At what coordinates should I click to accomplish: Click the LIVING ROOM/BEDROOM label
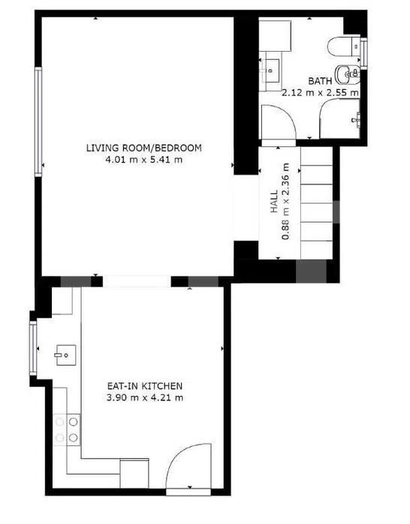[x=144, y=148]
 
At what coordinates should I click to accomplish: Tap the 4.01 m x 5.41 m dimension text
[x=144, y=160]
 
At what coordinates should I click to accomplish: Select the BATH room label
[x=320, y=81]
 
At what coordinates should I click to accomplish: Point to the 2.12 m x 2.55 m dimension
[x=320, y=92]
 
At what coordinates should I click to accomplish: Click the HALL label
[x=274, y=202]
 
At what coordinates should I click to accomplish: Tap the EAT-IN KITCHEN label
[x=145, y=386]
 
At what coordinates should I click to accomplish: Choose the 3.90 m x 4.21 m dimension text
[x=145, y=397]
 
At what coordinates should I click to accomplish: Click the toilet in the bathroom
[x=344, y=46]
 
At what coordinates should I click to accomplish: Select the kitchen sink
[x=65, y=355]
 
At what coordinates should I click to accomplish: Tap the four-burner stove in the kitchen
[x=67, y=430]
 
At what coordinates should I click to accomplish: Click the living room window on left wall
[x=38, y=121]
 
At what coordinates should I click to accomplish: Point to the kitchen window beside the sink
[x=33, y=348]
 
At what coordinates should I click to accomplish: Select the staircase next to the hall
[x=317, y=203]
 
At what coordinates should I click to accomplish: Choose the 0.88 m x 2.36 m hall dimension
[x=286, y=202]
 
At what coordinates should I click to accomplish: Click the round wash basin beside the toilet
[x=348, y=74]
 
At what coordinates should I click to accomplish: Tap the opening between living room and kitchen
[x=137, y=281]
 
